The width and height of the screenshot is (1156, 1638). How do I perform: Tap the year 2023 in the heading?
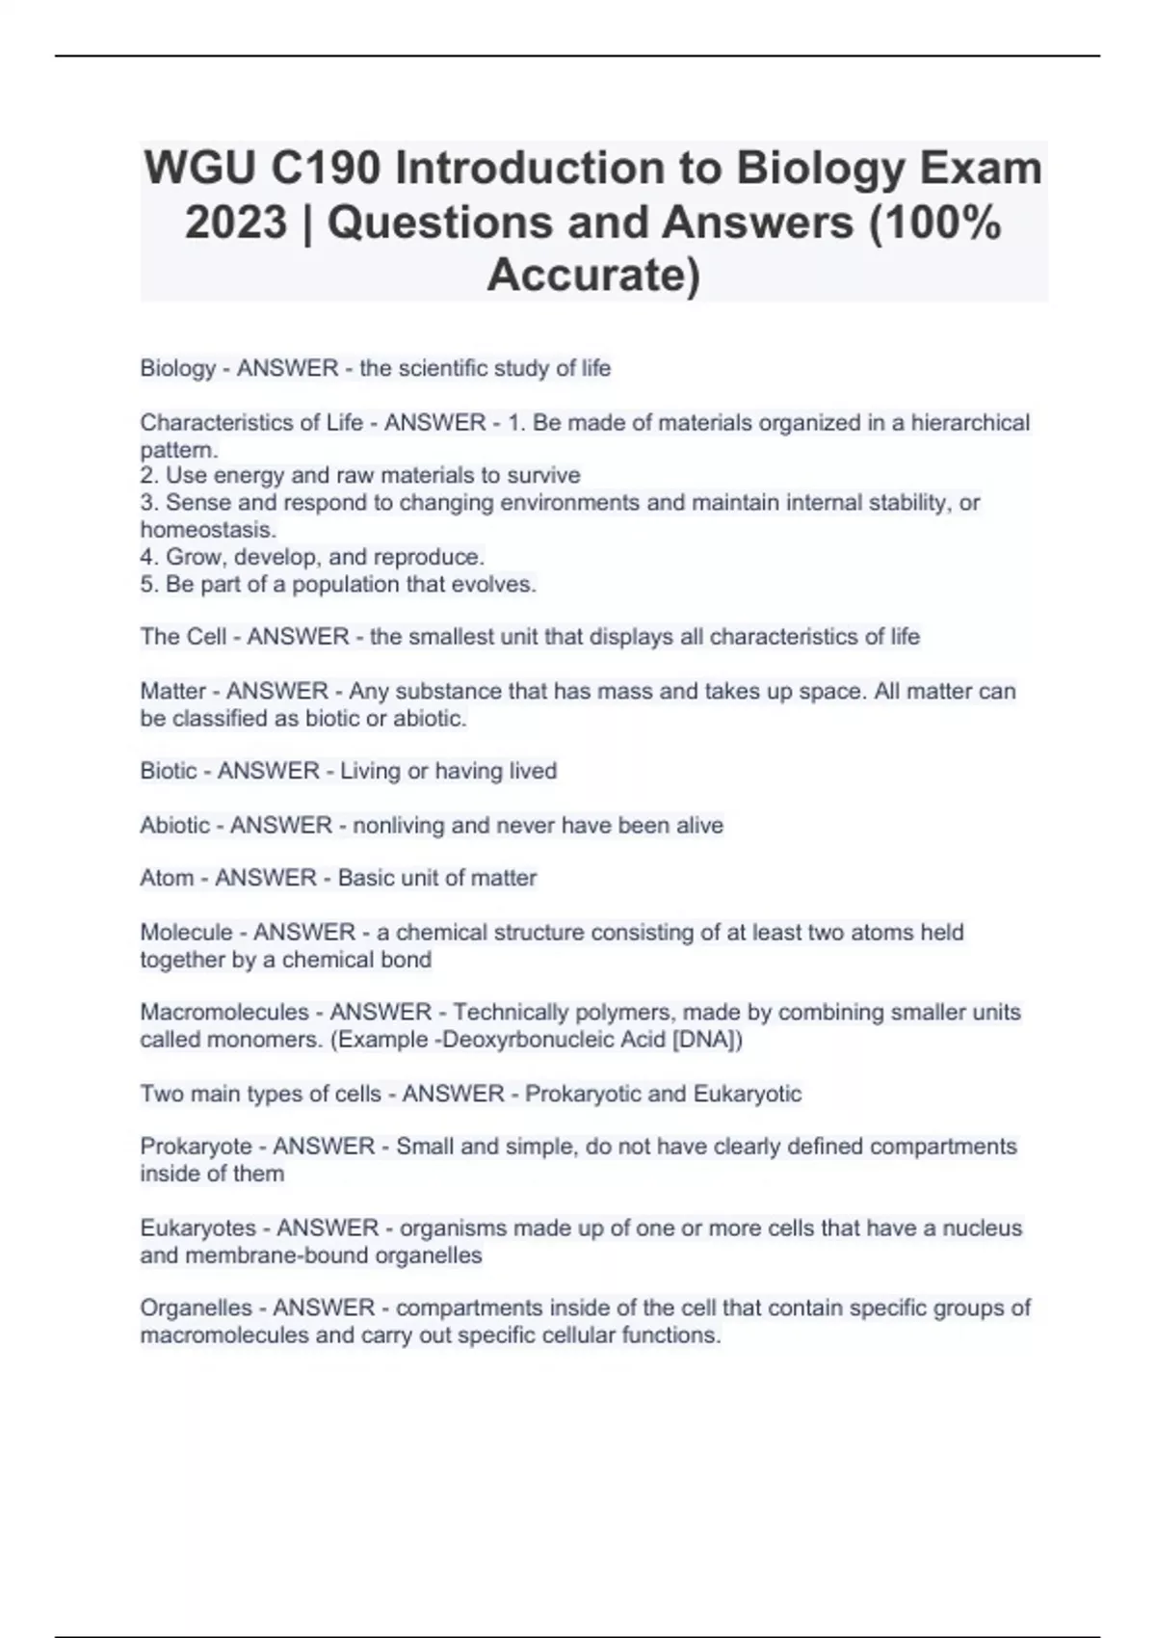[x=236, y=223]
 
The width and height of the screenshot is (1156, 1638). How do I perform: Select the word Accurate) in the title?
[x=593, y=275]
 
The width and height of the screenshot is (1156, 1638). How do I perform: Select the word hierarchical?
[x=970, y=422]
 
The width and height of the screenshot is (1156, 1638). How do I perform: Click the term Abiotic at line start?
[x=174, y=825]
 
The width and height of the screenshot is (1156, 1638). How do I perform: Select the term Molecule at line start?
[x=186, y=932]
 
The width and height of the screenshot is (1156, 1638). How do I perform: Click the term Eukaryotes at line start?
[x=198, y=1228]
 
